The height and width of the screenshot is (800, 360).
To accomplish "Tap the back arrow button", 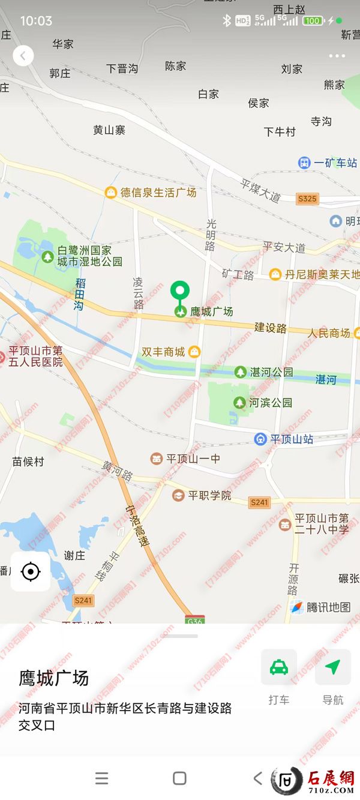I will (x=23, y=56).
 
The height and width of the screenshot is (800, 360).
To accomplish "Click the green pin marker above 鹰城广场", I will (x=179, y=291).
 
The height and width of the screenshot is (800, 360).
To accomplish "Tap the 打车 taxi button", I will (x=278, y=667).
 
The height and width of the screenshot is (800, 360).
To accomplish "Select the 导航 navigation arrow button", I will (x=332, y=667).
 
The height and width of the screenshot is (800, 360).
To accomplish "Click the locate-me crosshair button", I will (x=30, y=572).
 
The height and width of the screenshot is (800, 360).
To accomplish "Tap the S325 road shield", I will (x=307, y=198).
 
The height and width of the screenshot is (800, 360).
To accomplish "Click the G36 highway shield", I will (x=193, y=619).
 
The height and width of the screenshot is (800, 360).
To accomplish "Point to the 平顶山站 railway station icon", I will (x=260, y=439).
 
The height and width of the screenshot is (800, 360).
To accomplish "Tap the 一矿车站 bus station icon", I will (x=305, y=163).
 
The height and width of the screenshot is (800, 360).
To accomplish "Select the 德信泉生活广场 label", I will (x=158, y=193).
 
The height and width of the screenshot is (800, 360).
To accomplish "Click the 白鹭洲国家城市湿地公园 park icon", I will (x=47, y=256).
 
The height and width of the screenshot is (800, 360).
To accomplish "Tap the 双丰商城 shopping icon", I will (x=194, y=352).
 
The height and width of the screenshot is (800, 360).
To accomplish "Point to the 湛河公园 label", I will (x=272, y=372).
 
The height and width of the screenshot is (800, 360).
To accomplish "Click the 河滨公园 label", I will (x=271, y=403).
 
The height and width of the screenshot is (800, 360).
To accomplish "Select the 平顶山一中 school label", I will (x=193, y=459).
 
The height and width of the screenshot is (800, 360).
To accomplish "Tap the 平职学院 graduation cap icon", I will (x=178, y=496).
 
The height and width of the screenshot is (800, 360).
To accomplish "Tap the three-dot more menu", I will (x=337, y=56).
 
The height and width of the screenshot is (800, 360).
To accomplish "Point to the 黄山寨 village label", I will (x=109, y=130).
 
